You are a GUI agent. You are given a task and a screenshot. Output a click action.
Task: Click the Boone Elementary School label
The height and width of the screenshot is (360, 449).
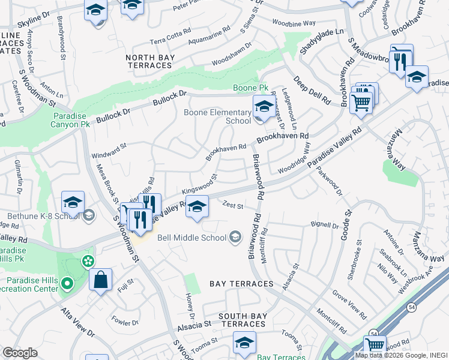click(x=217, y=116)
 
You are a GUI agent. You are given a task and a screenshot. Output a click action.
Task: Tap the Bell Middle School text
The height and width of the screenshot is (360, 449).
click(x=191, y=237)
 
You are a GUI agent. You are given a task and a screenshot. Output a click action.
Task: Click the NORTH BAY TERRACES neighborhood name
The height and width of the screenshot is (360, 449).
click(x=149, y=61)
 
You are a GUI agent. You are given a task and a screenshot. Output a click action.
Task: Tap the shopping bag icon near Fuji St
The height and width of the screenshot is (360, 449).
click(x=100, y=279)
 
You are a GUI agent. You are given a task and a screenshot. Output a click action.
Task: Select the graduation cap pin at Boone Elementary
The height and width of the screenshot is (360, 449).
click(x=264, y=107)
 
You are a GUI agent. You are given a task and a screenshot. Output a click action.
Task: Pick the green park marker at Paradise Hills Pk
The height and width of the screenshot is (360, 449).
click(x=88, y=261)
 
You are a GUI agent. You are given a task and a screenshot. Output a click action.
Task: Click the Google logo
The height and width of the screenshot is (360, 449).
click(x=19, y=353)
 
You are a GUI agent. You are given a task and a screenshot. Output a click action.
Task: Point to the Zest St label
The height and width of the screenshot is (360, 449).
click(x=232, y=206)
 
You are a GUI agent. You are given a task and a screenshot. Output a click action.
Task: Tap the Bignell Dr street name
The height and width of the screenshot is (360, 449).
click(x=325, y=225)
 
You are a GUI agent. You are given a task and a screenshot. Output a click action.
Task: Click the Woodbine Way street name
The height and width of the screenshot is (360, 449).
click(x=294, y=23)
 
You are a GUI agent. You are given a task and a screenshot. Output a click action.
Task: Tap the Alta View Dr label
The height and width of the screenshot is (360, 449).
click(x=77, y=321)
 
